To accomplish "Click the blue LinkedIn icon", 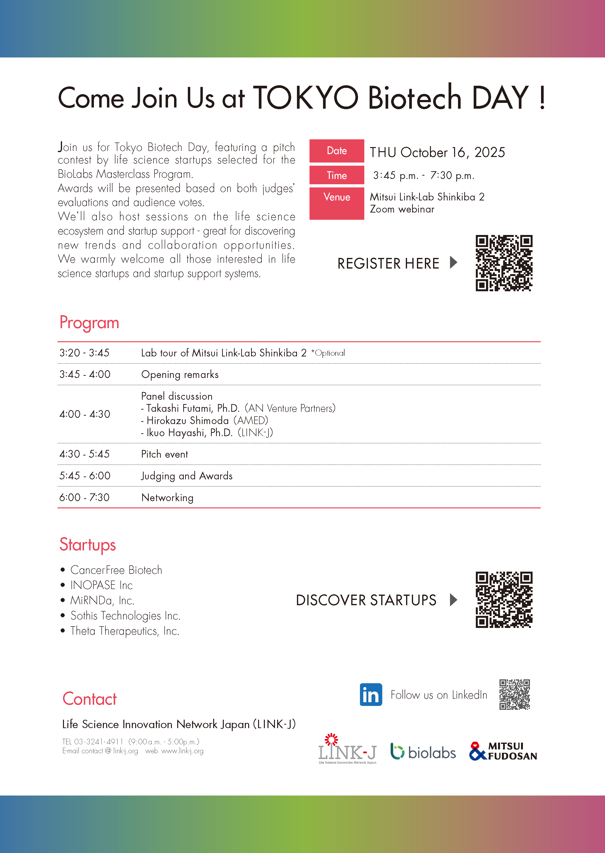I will coord(371,694).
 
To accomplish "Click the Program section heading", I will coord(89,323).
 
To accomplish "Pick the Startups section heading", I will coord(88,544).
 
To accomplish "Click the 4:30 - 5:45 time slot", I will coord(84,454).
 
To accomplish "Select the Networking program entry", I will coord(167,498).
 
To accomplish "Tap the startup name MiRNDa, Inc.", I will coord(102,600).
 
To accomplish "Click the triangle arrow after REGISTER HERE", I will coord(453,262).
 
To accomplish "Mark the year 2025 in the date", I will coord(490,152).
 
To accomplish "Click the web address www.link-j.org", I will coord(182,751).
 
